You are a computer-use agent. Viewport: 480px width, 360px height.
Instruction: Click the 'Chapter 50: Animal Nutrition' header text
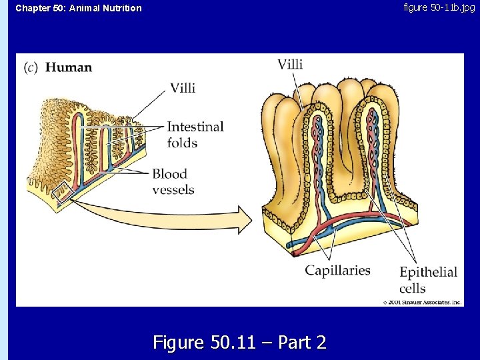tap(79, 8)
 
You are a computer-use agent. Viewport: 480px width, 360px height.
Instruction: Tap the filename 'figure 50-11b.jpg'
tap(439, 7)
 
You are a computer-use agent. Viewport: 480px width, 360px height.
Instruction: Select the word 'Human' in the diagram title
tap(69, 67)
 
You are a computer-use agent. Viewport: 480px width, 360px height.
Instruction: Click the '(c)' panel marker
tap(31, 67)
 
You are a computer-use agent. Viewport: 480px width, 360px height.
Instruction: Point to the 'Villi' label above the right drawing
tap(290, 64)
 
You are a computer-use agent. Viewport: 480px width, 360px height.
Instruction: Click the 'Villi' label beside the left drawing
tap(183, 88)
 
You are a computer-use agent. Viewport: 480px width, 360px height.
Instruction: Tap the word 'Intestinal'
tap(195, 127)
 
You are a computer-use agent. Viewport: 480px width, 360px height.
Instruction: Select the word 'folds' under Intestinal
tap(182, 143)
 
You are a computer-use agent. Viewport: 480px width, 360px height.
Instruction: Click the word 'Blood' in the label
tap(169, 174)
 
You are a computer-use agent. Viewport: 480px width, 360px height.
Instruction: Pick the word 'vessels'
tap(173, 189)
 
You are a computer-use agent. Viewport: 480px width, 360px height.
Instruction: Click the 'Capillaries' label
tap(337, 270)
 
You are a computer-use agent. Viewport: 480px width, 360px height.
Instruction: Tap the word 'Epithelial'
tap(428, 272)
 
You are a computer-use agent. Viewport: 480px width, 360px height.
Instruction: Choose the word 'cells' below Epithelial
tap(413, 288)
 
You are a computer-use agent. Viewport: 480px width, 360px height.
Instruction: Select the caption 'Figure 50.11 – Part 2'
tap(240, 343)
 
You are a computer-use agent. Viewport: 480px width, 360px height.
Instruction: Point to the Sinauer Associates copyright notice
tap(422, 302)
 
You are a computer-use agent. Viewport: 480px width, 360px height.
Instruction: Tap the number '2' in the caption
tap(321, 343)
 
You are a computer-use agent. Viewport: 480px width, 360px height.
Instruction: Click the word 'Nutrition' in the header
tap(121, 8)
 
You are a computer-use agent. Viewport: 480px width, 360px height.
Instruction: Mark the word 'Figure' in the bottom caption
tap(179, 343)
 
